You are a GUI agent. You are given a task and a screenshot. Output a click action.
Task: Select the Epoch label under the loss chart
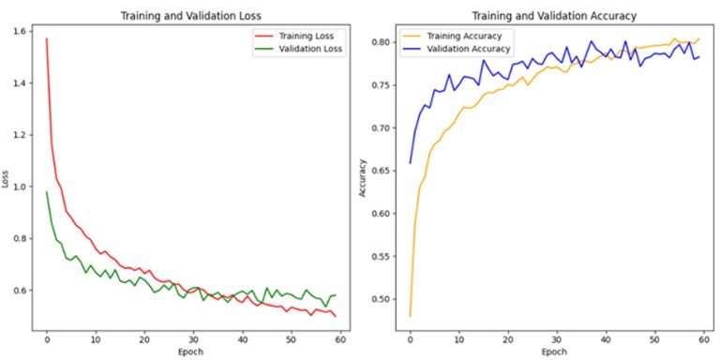[x=191, y=352]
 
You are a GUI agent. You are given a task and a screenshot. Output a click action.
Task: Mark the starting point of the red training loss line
[x=46, y=38]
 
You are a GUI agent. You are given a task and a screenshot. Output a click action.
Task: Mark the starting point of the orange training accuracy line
[x=410, y=316]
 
